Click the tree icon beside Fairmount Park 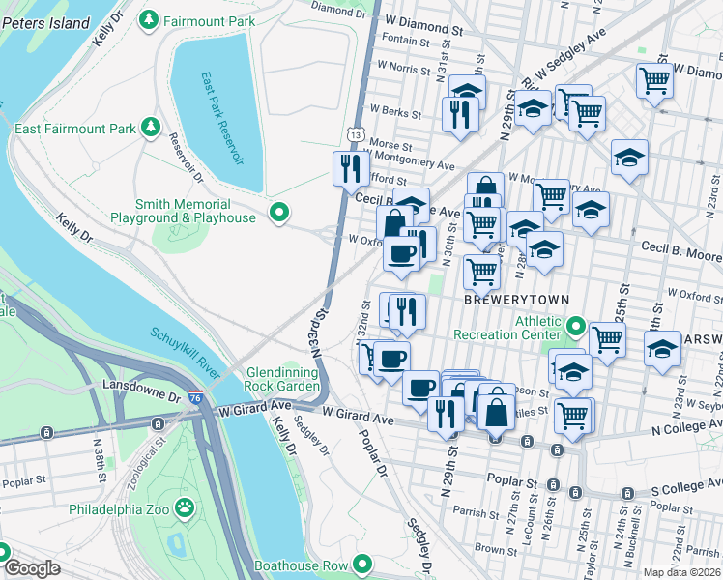click(x=149, y=19)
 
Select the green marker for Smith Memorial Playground click(x=279, y=212)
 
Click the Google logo click(x=32, y=568)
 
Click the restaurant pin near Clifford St click(x=350, y=168)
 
